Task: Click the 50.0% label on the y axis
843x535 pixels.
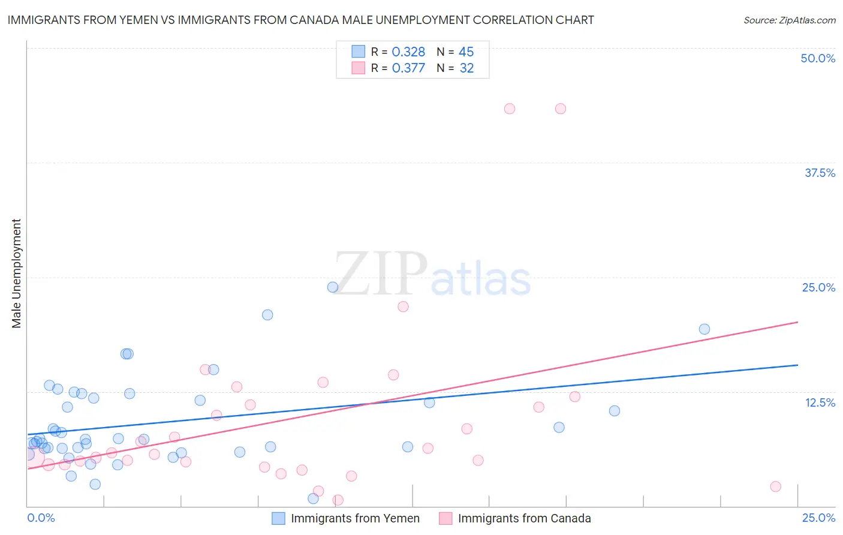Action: pos(818,58)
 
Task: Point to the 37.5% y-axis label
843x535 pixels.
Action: pos(820,173)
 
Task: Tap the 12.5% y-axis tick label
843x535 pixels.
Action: pos(820,402)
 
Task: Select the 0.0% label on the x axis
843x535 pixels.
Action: pos(41,518)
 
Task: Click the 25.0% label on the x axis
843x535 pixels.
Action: pos(818,518)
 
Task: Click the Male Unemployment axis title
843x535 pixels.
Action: pos(16,273)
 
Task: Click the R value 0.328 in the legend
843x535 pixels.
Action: pos(408,52)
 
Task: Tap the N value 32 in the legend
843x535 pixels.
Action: pos(466,68)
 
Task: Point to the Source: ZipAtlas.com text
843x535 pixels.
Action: pos(789,20)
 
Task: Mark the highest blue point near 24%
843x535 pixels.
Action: pos(333,287)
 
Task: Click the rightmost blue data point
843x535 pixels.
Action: pos(704,329)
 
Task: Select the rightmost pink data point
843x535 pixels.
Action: pos(775,486)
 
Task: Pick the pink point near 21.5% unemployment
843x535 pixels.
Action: pos(403,306)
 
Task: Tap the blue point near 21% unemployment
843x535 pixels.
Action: pos(267,315)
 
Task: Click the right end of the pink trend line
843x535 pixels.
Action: pos(798,322)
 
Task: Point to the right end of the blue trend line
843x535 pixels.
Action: pos(798,365)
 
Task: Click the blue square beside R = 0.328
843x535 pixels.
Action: pos(359,52)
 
